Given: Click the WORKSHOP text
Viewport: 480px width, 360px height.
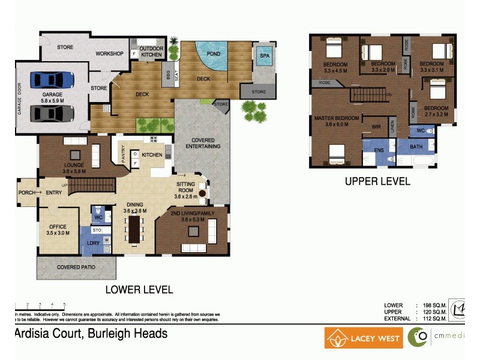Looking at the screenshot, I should pos(110,54).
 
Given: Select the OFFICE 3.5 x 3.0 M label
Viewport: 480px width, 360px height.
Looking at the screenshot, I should pos(58,230).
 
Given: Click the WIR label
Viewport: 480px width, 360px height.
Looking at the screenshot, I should pos(377,127).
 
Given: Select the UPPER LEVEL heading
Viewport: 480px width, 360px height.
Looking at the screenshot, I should pos(377,181).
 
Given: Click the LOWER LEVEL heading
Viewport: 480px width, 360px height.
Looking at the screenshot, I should pos(139,290).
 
